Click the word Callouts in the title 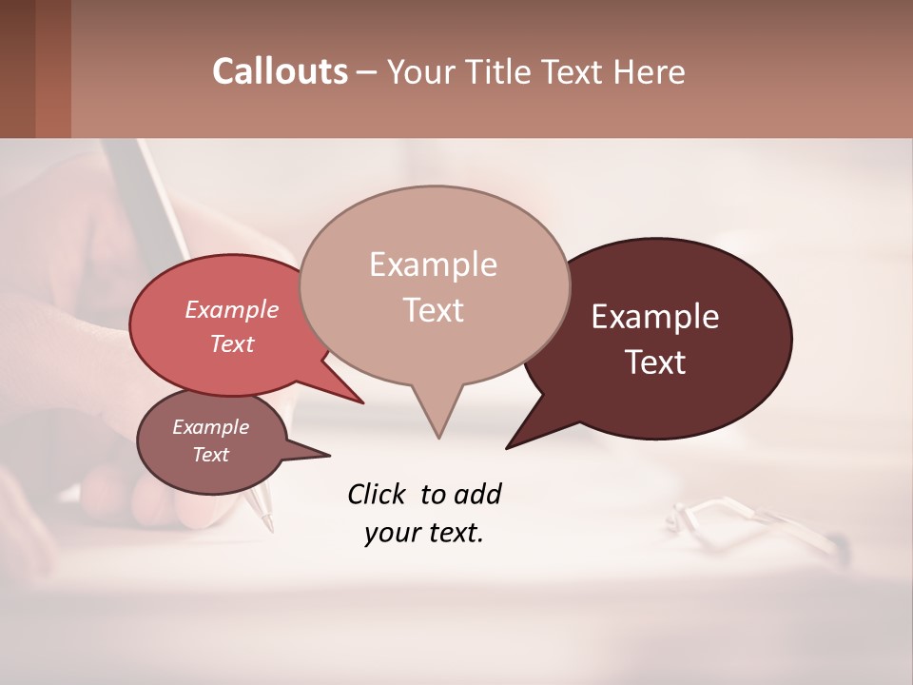[x=280, y=71]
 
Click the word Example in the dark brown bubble [x=655, y=317]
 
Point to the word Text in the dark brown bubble [x=656, y=362]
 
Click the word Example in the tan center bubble [x=433, y=264]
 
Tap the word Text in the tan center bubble [x=434, y=310]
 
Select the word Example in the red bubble [x=231, y=309]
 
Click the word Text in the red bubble [x=231, y=343]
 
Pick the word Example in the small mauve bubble [x=210, y=427]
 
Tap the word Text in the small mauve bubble [x=210, y=455]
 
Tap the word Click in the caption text [x=378, y=495]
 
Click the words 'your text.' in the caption [x=424, y=533]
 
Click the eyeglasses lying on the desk [x=751, y=523]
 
